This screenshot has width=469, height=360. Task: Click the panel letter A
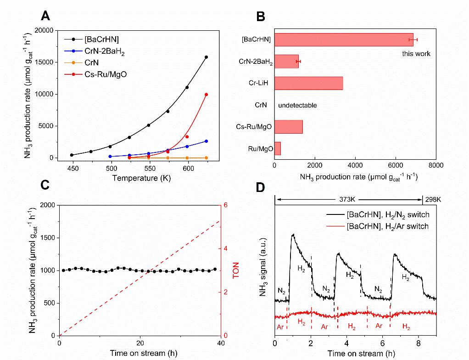click(x=45, y=17)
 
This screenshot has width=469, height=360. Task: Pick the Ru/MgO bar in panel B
click(x=277, y=148)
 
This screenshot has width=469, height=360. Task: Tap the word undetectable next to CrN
click(x=297, y=105)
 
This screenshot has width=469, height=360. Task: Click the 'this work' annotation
click(x=416, y=54)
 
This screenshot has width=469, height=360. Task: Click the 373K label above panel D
click(x=348, y=199)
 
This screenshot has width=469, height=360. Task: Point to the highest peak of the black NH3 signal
click(x=292, y=235)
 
